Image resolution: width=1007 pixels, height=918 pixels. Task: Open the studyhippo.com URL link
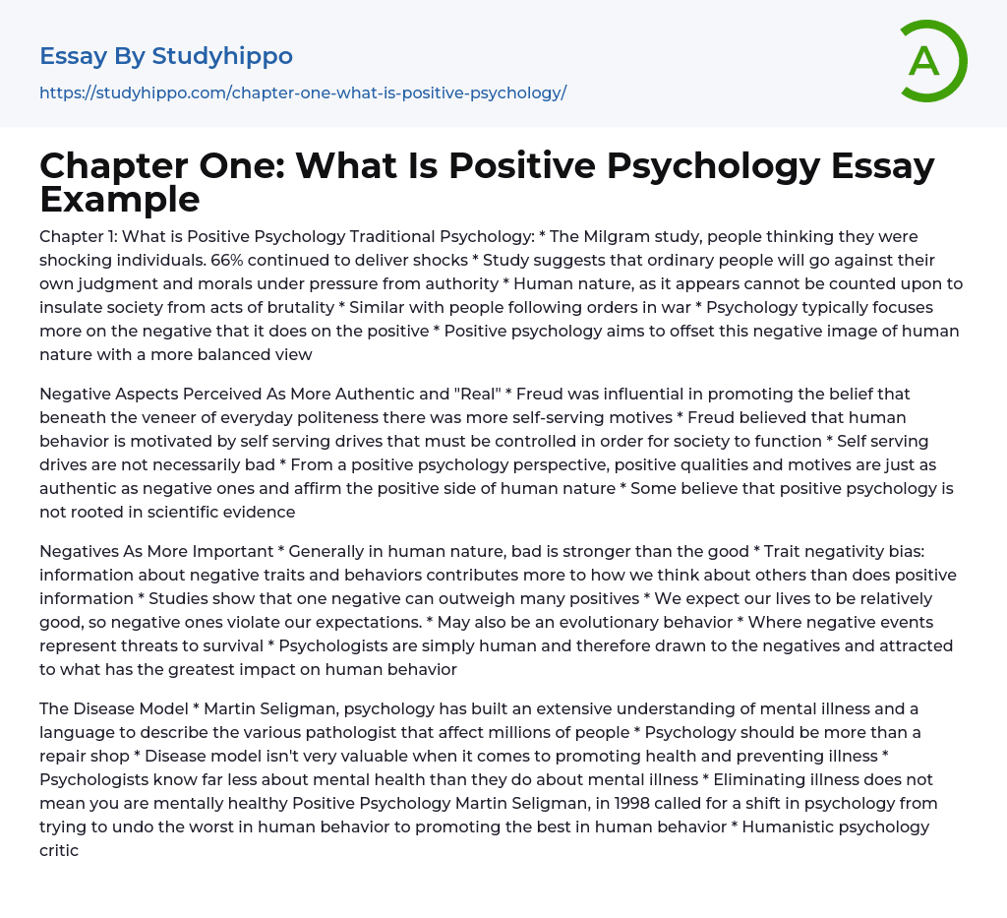303,92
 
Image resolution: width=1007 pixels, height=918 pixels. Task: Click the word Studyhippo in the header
222,56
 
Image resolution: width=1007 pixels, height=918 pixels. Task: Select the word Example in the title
120,199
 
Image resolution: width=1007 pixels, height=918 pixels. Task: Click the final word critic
59,849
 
